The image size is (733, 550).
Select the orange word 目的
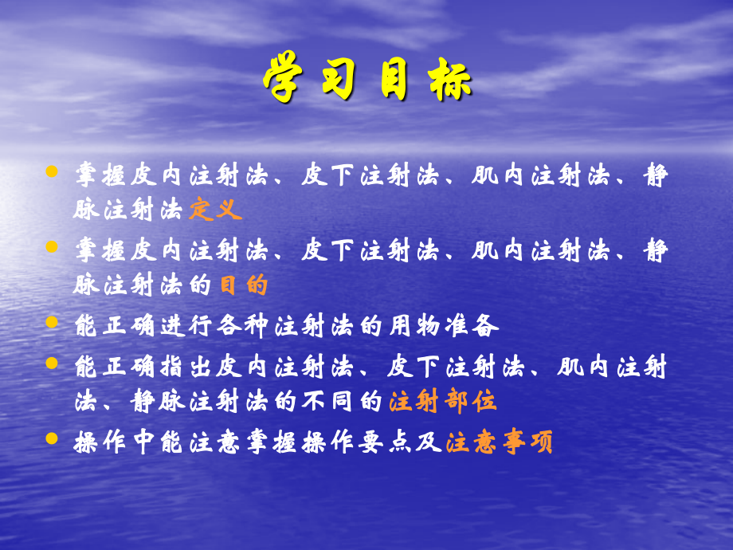[x=244, y=286]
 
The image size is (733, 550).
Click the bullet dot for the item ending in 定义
[x=53, y=172]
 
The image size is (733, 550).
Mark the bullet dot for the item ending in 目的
[x=53, y=248]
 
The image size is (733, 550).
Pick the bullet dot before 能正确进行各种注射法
[x=53, y=324]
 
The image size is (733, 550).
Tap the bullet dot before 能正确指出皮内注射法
[x=53, y=363]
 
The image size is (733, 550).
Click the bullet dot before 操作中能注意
[x=53, y=439]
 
